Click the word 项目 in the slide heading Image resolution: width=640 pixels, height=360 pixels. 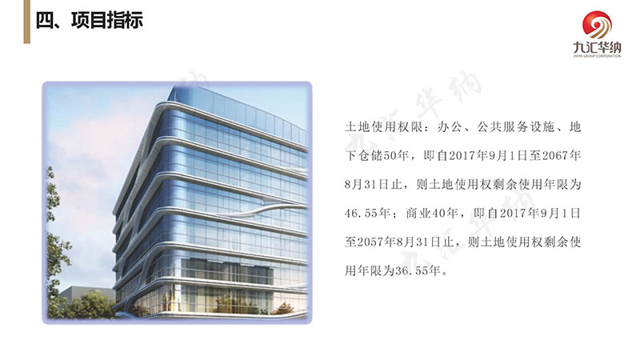(x=90, y=21)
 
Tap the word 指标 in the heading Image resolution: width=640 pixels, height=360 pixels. (x=126, y=21)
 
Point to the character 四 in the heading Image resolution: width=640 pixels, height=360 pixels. (x=45, y=21)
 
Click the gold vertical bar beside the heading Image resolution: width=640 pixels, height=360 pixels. (x=27, y=22)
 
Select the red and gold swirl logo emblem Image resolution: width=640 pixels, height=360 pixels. (x=597, y=25)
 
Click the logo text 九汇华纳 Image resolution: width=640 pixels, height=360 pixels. (x=597, y=48)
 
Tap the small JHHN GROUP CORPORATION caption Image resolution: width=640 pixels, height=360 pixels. (x=597, y=56)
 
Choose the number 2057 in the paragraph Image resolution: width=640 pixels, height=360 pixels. (x=370, y=242)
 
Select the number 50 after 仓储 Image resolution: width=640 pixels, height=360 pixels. (x=390, y=155)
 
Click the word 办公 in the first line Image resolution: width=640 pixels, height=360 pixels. (x=450, y=127)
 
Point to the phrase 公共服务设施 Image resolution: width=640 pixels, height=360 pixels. (x=516, y=127)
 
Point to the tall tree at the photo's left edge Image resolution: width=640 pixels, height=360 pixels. (x=56, y=245)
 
